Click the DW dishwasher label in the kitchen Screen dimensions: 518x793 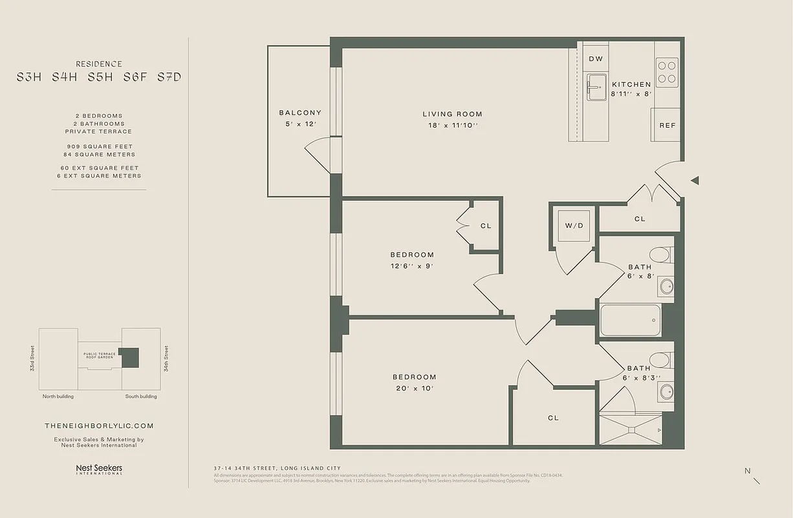pos(596,59)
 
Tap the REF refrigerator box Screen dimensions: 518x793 pos(667,126)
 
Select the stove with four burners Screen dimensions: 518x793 pos(667,73)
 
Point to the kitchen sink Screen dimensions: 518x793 pos(596,87)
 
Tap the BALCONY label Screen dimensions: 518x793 pos(299,113)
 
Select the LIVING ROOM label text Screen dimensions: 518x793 pos(452,114)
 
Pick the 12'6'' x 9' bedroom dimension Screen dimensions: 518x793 pos(411,266)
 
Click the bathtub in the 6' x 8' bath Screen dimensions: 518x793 pos(630,319)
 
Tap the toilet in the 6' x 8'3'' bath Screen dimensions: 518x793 pos(661,360)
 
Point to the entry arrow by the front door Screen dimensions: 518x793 pos(695,181)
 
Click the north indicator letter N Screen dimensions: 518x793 pos(747,471)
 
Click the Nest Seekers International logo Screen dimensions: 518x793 pos(99,469)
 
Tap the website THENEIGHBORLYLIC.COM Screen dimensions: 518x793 pos(99,425)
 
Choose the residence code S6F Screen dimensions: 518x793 pos(135,77)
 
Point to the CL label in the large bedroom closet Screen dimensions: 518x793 pos(553,418)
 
